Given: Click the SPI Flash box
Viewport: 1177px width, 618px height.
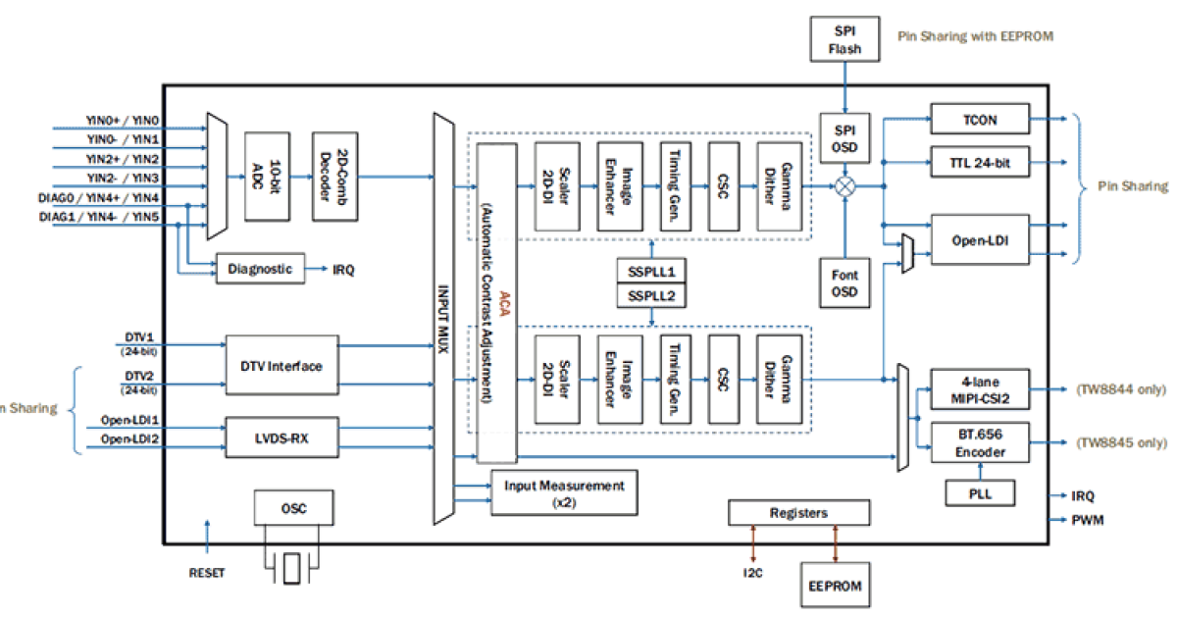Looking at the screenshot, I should tap(844, 39).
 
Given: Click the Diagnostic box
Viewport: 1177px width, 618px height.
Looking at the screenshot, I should tap(260, 269).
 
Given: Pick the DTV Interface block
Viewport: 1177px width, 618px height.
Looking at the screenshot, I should tap(282, 366).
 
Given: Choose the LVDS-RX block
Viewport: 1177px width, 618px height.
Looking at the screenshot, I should tap(282, 437).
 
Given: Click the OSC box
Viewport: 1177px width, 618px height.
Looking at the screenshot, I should tap(293, 508).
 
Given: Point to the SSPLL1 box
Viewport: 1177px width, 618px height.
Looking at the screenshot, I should tap(651, 272).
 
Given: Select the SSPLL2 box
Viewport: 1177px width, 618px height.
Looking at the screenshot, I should tap(651, 295).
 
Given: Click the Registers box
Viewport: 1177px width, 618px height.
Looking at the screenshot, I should tap(798, 513).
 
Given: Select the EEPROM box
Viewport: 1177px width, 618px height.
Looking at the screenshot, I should tap(833, 585).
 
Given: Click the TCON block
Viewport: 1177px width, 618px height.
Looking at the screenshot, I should tap(979, 120).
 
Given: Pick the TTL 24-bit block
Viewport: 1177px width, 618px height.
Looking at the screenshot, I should tap(979, 162).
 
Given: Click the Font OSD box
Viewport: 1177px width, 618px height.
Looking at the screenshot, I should tap(844, 283).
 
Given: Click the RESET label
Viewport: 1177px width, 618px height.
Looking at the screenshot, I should tap(206, 573).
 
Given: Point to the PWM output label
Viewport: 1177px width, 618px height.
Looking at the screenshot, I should tap(1087, 520).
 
